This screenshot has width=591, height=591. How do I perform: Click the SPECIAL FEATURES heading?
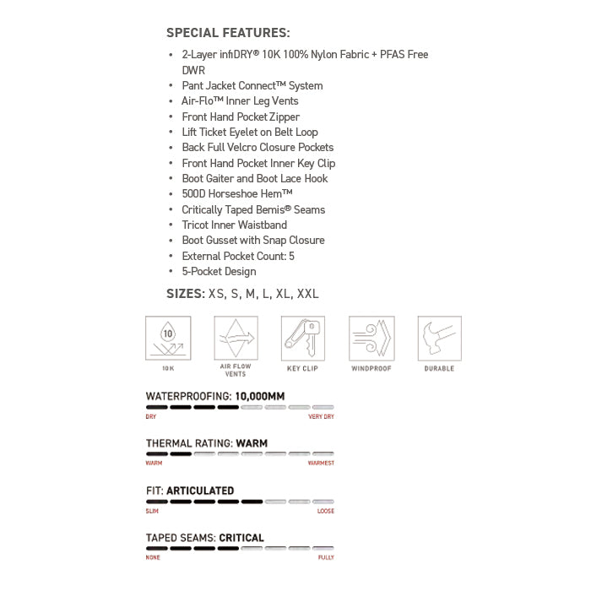click(x=228, y=33)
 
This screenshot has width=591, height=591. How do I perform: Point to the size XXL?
click(x=308, y=294)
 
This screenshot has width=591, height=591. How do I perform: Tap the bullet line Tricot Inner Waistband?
click(x=234, y=225)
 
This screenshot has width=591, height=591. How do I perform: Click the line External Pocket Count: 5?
click(x=238, y=256)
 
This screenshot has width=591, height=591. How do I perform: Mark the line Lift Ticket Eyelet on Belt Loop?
click(x=250, y=132)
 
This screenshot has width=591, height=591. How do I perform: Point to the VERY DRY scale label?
click(x=321, y=417)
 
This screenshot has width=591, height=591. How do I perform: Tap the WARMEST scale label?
click(x=321, y=464)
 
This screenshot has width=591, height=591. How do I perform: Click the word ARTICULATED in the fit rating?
click(x=200, y=491)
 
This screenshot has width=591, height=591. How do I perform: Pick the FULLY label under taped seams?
click(x=326, y=557)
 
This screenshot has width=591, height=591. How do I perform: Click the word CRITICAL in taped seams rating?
click(x=241, y=538)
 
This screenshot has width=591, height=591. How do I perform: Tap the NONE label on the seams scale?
click(x=154, y=557)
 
